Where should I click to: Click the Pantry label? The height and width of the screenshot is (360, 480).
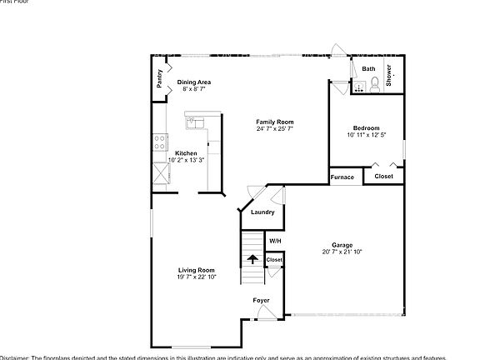(x=160, y=78)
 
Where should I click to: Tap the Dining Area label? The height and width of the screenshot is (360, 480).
(x=194, y=82)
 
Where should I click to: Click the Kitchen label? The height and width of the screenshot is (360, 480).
(x=186, y=153)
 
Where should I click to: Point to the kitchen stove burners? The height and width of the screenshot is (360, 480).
(x=159, y=142)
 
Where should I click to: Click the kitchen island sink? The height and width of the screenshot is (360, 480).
(x=194, y=123)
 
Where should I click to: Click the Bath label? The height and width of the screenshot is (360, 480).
(x=368, y=69)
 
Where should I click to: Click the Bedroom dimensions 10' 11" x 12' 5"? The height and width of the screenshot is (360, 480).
(x=367, y=135)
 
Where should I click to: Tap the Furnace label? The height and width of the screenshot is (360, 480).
(x=342, y=177)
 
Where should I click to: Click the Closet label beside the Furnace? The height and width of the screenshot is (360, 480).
(x=383, y=177)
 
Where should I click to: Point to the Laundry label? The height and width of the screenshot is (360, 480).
(x=262, y=212)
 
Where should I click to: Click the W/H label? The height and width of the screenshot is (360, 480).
(x=274, y=241)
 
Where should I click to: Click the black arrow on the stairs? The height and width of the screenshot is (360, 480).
(x=252, y=257)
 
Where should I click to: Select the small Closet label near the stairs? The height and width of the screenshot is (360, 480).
(x=274, y=260)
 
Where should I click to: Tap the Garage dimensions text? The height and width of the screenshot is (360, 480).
(x=342, y=252)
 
